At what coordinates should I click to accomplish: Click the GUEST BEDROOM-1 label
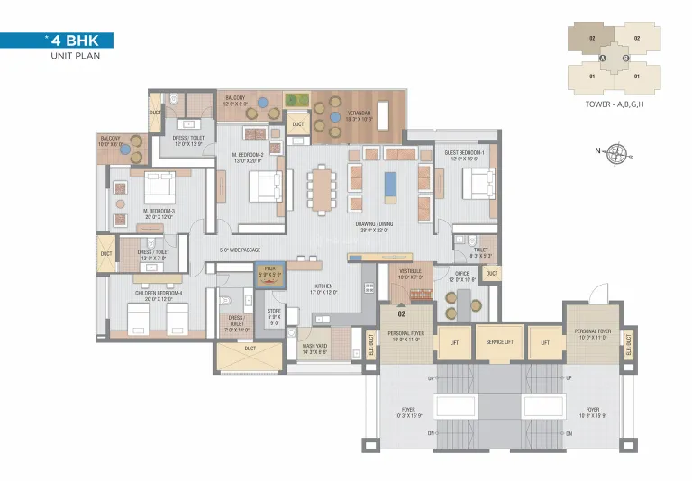(465, 155)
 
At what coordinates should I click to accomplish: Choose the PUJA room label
(269, 270)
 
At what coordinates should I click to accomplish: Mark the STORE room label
(274, 314)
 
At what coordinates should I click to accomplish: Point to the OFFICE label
(463, 277)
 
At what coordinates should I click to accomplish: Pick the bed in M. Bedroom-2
(266, 186)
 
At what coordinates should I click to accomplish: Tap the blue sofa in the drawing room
(388, 184)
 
